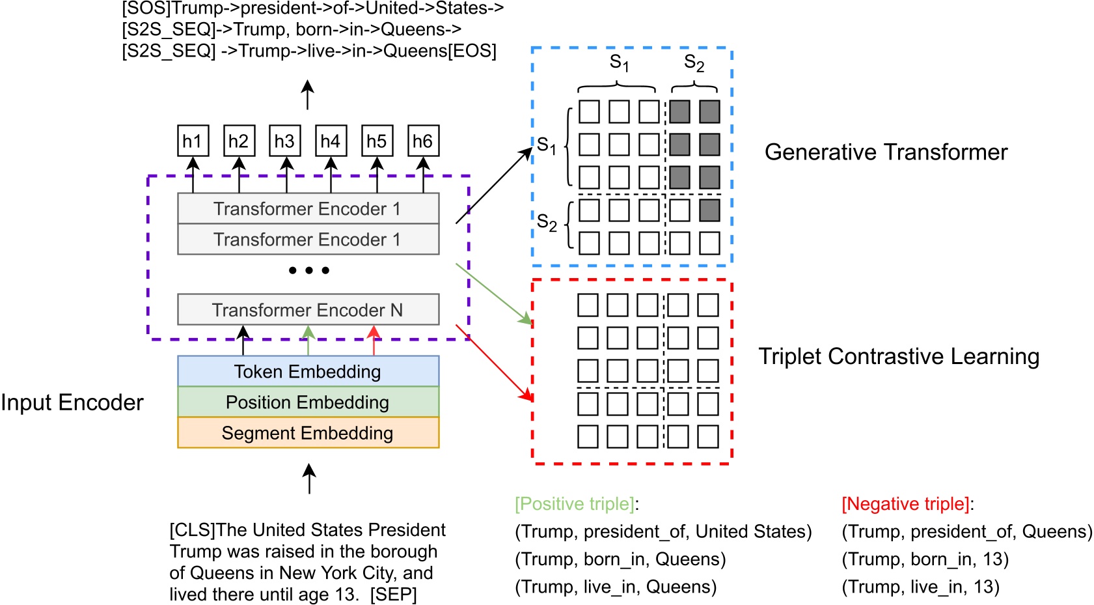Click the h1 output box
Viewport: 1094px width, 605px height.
(x=193, y=141)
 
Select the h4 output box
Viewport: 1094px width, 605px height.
(x=331, y=141)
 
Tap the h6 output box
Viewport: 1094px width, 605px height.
(x=423, y=141)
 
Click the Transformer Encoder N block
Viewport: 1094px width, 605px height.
(x=308, y=309)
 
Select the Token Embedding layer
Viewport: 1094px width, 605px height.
(x=308, y=371)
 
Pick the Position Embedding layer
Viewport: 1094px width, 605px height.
(x=308, y=402)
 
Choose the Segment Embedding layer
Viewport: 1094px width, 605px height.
(x=308, y=432)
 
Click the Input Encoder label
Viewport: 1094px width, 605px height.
(x=72, y=402)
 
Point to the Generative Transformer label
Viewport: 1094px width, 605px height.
(x=886, y=152)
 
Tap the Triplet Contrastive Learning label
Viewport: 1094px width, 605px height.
(x=899, y=356)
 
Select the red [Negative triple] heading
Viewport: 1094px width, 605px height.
(x=905, y=503)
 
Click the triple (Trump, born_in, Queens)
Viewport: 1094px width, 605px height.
(x=620, y=559)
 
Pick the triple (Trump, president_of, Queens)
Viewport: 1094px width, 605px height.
(x=966, y=531)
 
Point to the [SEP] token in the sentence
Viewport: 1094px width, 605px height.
(x=393, y=594)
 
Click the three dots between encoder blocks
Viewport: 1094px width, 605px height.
(x=309, y=270)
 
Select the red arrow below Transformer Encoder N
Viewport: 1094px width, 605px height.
(x=374, y=341)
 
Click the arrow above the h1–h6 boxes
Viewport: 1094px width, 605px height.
(x=308, y=95)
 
